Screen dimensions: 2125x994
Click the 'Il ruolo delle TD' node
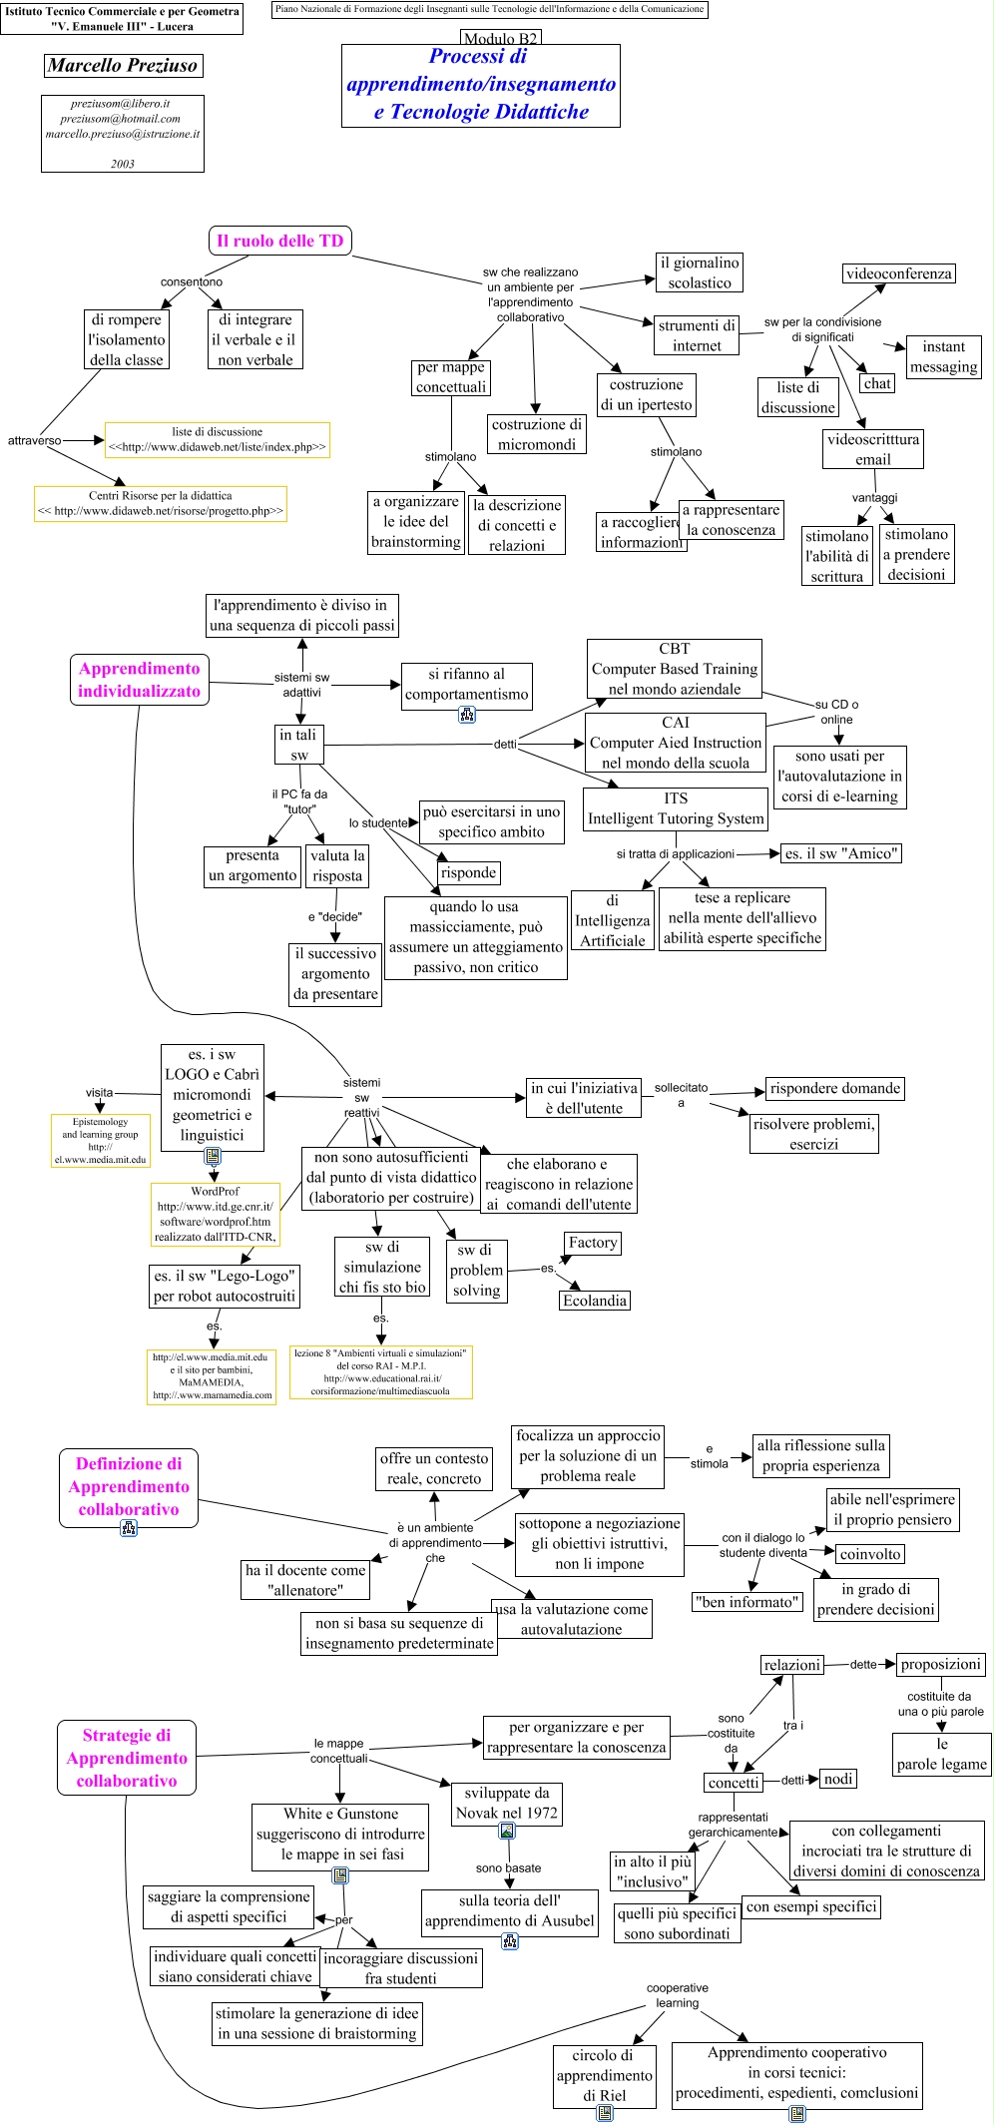pos(279,241)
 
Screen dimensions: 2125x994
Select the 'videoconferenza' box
pos(898,273)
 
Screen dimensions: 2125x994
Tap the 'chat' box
pos(877,383)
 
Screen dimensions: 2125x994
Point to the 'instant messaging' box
pos(943,356)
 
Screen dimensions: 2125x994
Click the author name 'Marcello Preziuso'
pos(124,66)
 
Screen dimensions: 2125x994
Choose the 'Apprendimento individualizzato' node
pos(139,680)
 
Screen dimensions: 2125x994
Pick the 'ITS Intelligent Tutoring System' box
pos(676,808)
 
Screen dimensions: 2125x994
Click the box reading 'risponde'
pos(468,872)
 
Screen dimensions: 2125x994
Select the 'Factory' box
pos(593,1243)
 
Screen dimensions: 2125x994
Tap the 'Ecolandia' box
pos(595,1301)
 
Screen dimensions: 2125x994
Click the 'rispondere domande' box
pos(834,1088)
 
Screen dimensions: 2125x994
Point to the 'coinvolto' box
pos(870,1554)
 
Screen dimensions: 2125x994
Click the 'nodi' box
pos(838,1779)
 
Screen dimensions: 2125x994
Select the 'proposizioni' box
pos(941,1664)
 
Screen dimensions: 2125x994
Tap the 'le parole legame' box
pos(941,1754)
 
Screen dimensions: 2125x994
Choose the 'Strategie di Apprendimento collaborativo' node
pos(127,1758)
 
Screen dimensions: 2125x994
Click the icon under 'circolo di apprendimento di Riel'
pos(604,2112)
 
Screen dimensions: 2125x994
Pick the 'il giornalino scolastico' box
pos(700,272)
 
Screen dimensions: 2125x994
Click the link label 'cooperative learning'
pos(678,1995)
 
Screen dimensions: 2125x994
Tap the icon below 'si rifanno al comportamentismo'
pos(467,715)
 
